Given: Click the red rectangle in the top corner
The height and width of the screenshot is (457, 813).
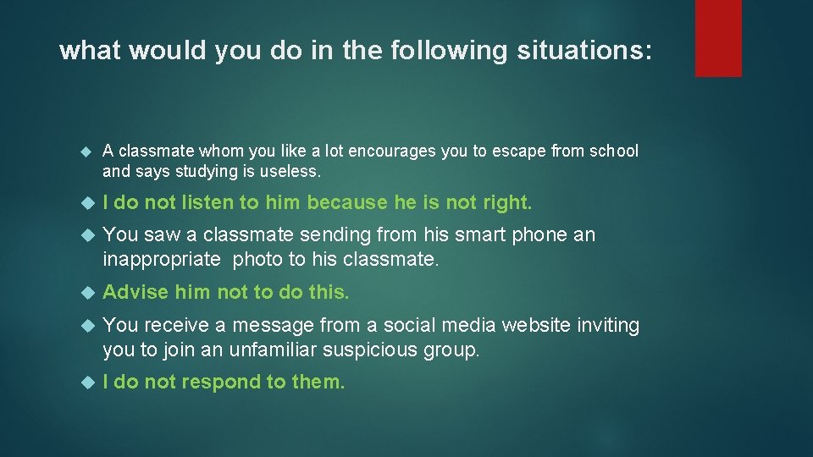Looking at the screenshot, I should point(718,37).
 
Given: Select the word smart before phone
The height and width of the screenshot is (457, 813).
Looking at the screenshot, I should point(490,234).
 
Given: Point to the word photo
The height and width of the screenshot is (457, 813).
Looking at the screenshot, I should point(257,258).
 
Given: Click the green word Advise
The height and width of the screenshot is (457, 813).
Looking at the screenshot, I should point(135,293).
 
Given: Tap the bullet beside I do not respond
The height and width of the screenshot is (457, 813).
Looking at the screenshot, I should point(85,383).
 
